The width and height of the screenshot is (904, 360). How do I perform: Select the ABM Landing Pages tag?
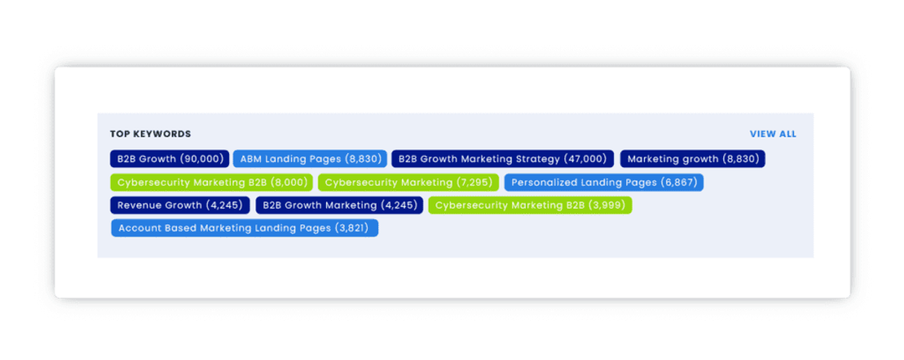click(310, 159)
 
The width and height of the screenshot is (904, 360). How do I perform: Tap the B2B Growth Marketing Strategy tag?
click(502, 159)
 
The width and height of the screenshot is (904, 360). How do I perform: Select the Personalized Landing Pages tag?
click(603, 182)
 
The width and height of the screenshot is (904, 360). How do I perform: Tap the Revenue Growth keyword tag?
click(180, 205)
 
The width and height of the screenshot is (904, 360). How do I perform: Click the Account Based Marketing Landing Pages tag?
click(245, 228)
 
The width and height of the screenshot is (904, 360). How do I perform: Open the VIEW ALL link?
click(773, 134)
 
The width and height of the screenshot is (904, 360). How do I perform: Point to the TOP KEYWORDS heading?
click(151, 134)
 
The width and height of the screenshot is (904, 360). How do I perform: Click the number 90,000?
click(202, 159)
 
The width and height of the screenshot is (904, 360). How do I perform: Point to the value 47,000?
click(585, 159)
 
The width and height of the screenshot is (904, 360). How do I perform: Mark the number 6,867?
click(679, 182)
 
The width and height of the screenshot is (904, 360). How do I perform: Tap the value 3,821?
click(352, 228)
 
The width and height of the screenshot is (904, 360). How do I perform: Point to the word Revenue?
click(139, 205)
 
